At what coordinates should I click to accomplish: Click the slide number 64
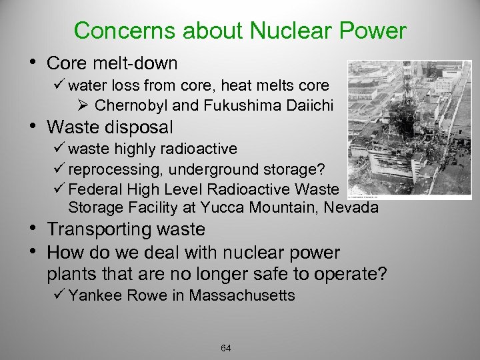point(225,347)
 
